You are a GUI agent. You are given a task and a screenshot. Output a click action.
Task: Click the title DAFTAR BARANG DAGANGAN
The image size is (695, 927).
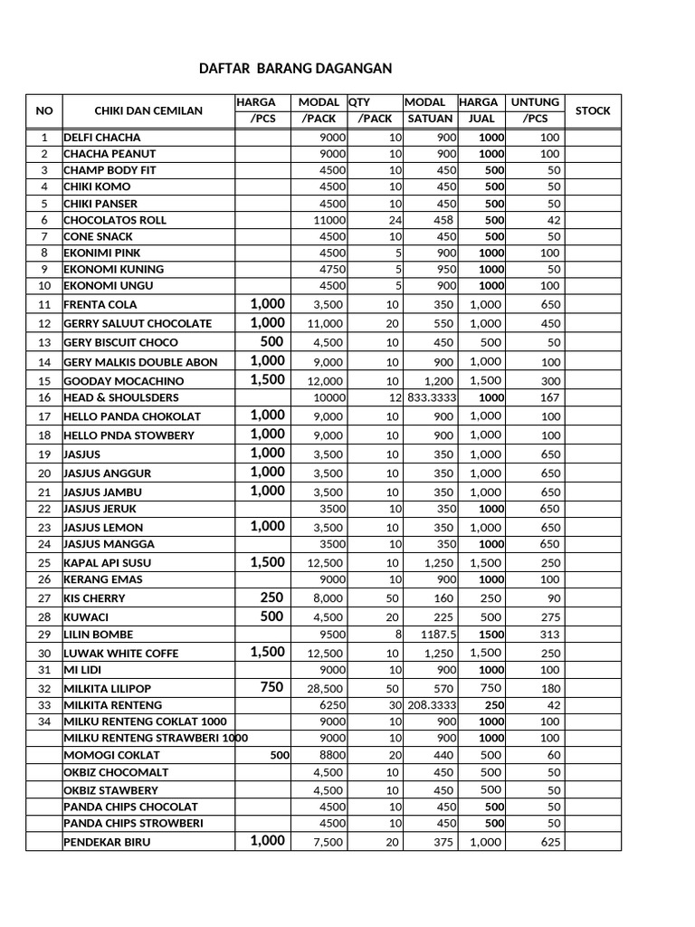[296, 68]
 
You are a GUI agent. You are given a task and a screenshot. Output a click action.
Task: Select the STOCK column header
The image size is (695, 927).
[593, 110]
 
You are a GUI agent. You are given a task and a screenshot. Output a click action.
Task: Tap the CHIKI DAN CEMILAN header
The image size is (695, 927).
[148, 110]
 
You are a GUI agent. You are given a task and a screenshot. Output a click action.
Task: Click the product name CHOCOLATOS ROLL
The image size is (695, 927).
[115, 220]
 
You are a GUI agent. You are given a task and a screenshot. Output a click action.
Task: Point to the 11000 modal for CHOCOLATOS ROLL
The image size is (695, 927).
[329, 220]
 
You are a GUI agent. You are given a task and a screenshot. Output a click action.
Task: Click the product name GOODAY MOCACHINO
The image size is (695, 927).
[123, 381]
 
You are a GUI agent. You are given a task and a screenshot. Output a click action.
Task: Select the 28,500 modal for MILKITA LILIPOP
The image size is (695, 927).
[326, 689]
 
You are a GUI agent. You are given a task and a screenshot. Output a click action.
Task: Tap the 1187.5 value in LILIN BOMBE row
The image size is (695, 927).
[439, 635]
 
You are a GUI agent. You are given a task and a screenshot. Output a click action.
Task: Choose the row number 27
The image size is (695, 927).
[44, 598]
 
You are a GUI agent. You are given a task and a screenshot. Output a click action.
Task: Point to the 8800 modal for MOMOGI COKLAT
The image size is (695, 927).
[332, 754]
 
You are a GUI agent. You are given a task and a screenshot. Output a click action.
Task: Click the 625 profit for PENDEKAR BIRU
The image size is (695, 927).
[550, 843]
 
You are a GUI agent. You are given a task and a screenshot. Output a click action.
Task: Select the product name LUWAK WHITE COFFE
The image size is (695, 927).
[120, 653]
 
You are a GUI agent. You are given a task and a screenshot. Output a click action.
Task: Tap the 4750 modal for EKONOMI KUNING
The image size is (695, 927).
[332, 269]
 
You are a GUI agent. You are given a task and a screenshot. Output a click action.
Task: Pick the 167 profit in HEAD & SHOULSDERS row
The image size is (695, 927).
[551, 397]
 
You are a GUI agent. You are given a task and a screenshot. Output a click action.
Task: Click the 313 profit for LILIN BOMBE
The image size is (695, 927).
[551, 635]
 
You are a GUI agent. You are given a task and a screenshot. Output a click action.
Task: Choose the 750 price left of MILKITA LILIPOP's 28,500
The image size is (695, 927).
[271, 688]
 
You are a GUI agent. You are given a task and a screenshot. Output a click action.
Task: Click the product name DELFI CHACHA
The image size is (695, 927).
[101, 138]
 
